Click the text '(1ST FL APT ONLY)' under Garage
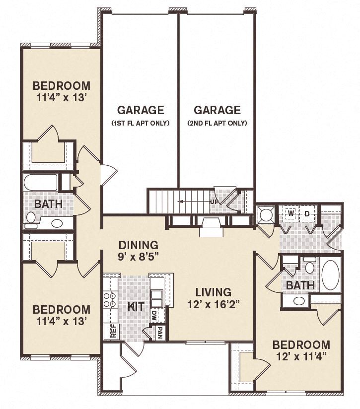tap(141, 123)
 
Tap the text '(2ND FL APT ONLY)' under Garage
tap(217, 123)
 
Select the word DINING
tap(139, 245)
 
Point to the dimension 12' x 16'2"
tap(213, 305)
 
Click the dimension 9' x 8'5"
tap(139, 257)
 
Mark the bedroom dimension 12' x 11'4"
tap(301, 357)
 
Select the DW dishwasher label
tap(154, 314)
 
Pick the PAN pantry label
tap(160, 331)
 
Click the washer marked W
tap(291, 214)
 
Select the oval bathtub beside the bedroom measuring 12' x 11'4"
tap(330, 274)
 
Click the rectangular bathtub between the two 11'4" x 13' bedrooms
tap(41, 182)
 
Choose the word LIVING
tap(213, 292)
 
